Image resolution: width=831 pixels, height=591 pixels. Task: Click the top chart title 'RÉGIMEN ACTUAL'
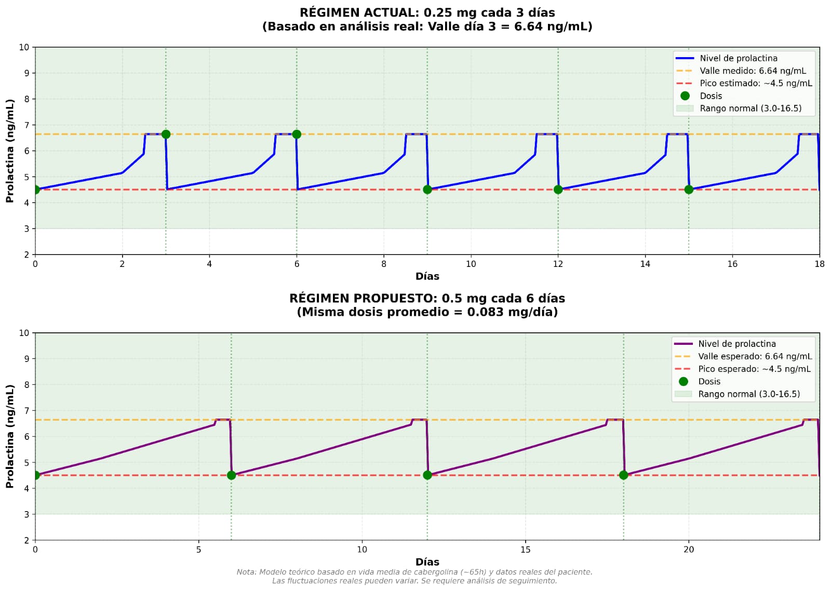427,13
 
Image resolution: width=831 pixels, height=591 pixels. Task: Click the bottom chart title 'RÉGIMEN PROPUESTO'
427,299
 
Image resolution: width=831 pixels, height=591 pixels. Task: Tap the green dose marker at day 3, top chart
166,134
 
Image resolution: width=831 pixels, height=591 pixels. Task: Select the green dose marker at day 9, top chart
427,190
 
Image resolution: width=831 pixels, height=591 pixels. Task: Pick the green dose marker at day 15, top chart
689,190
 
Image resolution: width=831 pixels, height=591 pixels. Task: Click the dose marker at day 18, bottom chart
623,475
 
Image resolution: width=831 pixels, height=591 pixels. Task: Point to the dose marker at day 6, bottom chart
232,475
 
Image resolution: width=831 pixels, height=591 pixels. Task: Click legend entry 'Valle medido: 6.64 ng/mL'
753,71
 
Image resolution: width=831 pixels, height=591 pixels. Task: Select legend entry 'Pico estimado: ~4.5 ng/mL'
756,83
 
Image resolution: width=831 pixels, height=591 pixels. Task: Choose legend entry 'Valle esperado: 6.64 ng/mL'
755,356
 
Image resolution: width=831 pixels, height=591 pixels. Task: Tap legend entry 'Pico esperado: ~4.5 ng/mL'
754,369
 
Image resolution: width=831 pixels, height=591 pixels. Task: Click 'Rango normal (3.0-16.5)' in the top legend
750,109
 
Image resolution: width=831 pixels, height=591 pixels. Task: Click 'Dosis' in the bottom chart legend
709,382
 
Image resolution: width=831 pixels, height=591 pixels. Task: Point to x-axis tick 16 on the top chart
732,264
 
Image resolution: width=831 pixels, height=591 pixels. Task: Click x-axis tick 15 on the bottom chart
526,549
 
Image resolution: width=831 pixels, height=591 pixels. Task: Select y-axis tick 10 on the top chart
24,47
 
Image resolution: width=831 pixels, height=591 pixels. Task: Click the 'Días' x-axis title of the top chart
427,276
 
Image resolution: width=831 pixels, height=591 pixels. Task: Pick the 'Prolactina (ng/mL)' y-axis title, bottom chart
10,436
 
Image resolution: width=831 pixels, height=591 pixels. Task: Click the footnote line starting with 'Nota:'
414,572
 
